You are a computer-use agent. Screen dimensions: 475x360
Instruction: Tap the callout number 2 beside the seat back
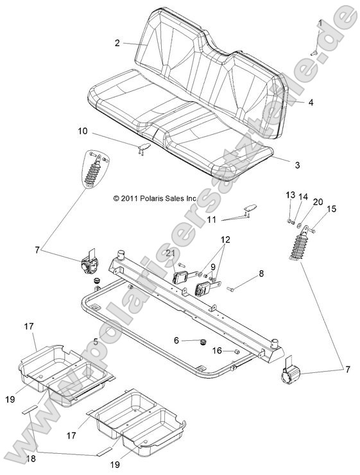coord(117,43)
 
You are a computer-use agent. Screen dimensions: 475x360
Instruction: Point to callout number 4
coord(311,102)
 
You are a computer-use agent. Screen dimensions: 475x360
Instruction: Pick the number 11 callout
coord(210,220)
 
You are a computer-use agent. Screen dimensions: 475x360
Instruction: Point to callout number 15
coord(332,209)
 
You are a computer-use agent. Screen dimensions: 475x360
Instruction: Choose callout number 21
coord(170,254)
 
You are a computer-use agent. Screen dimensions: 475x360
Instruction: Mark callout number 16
coord(218,350)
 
